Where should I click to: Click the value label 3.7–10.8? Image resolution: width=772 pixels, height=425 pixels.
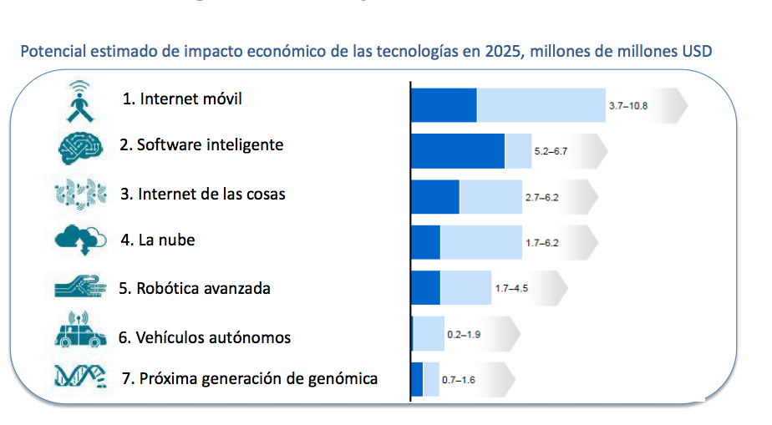628,106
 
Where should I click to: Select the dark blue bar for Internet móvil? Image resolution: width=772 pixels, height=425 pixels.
444,105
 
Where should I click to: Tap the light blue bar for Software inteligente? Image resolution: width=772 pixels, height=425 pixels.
518,151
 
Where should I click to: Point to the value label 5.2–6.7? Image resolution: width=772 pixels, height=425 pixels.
551,152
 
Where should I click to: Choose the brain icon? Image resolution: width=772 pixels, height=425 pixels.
80,147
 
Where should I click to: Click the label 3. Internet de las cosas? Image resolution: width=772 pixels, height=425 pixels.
202,194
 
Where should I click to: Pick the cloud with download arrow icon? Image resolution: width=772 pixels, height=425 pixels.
80,240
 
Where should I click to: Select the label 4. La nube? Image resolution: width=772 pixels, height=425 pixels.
158,240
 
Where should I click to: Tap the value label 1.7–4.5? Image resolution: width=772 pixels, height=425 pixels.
511,288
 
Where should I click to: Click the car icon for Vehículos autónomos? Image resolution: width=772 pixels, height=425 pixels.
80,331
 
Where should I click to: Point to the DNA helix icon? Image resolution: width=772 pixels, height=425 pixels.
80,377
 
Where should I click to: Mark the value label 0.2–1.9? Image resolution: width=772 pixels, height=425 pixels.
464,334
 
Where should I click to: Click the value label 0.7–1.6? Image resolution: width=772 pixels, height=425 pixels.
458,380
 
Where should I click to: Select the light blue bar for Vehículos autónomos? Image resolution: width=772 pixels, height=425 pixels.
429,334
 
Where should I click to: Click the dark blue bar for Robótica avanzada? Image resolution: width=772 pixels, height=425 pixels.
425,288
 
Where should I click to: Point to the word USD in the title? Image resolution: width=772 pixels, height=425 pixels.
697,52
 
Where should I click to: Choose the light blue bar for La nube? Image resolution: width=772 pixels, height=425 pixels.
480,242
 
